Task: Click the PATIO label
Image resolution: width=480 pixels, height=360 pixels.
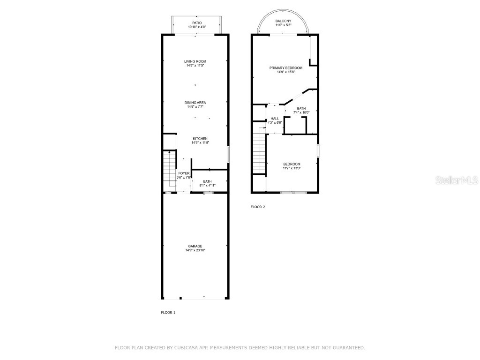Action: click(197, 22)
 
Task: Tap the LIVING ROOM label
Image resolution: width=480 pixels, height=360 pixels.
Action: click(195, 61)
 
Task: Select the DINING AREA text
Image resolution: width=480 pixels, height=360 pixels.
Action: click(195, 103)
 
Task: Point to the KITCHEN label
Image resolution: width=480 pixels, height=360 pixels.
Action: click(200, 139)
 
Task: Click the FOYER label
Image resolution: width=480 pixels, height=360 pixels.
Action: click(184, 173)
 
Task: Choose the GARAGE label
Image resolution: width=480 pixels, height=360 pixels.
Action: click(195, 246)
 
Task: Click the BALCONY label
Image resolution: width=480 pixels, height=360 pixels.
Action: click(283, 21)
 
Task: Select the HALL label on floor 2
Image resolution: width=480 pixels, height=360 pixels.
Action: click(275, 119)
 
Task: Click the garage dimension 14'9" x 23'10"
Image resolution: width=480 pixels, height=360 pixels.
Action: click(195, 250)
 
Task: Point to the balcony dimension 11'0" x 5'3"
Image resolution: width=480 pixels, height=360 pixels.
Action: click(283, 25)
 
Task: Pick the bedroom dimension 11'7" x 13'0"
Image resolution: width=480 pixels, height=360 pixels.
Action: click(292, 168)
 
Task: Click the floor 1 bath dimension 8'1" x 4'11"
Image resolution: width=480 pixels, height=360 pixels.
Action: click(207, 186)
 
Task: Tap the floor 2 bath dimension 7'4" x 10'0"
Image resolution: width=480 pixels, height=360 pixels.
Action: click(301, 112)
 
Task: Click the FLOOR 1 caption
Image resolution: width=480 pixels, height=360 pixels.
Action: click(168, 312)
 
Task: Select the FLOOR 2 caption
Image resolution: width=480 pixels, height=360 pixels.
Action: click(258, 207)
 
